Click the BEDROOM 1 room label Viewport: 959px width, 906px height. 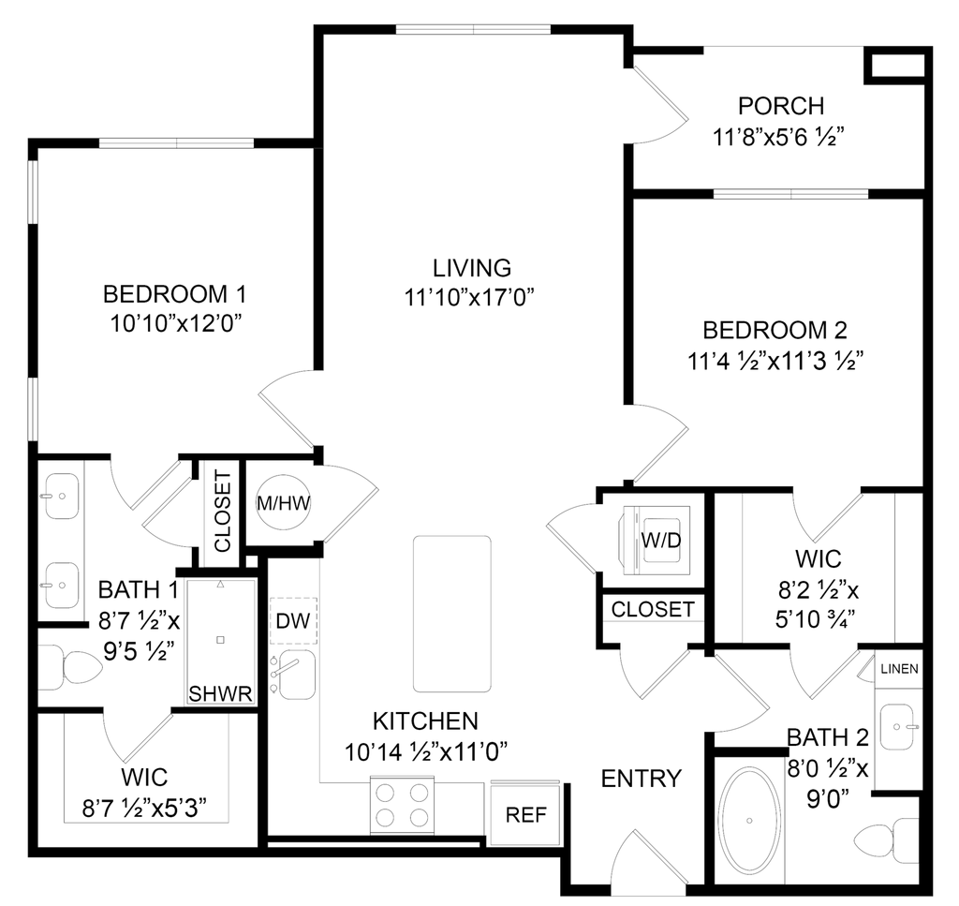click(x=175, y=296)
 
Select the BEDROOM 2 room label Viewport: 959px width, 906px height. click(x=775, y=331)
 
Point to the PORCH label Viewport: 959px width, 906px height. click(x=781, y=104)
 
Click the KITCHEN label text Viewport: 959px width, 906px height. click(x=426, y=721)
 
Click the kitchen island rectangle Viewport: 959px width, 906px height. click(x=452, y=612)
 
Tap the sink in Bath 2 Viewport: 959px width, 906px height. click(x=899, y=725)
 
